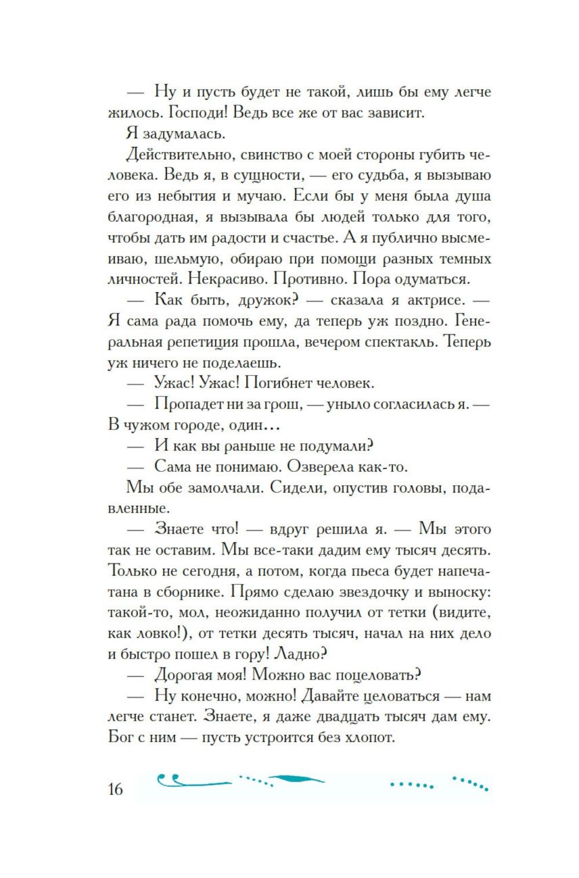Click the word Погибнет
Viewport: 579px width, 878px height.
coord(271,383)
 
